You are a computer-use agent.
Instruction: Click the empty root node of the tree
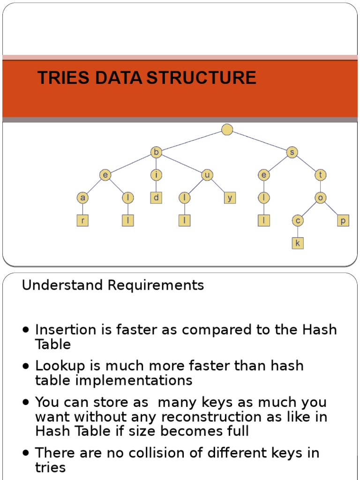(x=227, y=129)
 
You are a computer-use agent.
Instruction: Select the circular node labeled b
(x=156, y=152)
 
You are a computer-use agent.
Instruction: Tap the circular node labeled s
(x=292, y=152)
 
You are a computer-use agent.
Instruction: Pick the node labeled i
(x=156, y=175)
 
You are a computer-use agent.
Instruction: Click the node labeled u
(x=207, y=175)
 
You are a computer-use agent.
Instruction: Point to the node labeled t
(x=321, y=175)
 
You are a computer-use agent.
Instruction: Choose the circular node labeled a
(x=82, y=198)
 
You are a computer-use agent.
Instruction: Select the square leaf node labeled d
(x=156, y=198)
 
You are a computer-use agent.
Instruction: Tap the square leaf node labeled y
(x=230, y=198)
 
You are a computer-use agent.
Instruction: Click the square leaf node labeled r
(x=82, y=221)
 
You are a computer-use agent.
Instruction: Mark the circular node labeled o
(x=321, y=198)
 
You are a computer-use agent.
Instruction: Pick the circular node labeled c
(x=298, y=221)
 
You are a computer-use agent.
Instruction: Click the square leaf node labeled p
(x=343, y=221)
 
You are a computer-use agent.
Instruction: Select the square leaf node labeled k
(x=298, y=243)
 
